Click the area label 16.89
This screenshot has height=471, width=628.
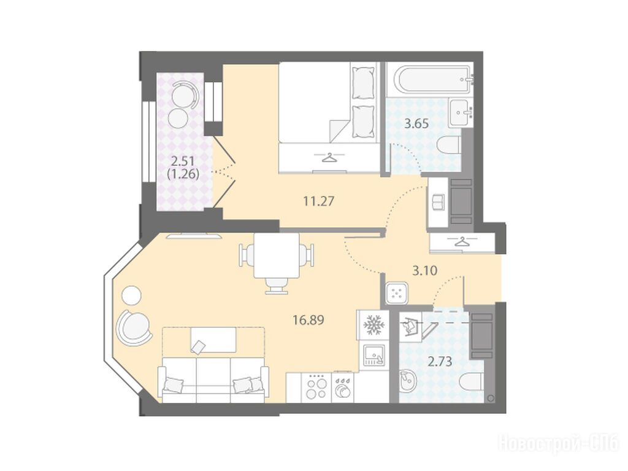[x=308, y=320]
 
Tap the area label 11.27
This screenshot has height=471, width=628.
[x=318, y=201]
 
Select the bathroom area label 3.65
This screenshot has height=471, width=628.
[x=416, y=123]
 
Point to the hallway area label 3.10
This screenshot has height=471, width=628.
[x=424, y=271]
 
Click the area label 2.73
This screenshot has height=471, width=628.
[x=440, y=362]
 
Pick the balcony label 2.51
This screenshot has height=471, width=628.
[x=183, y=162]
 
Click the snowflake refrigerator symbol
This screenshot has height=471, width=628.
[x=373, y=324]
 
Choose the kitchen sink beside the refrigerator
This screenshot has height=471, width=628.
[x=373, y=355]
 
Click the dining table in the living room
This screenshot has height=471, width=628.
[x=277, y=255]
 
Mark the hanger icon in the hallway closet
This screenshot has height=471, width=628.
[x=462, y=242]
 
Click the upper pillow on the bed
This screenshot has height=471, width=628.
[x=364, y=82]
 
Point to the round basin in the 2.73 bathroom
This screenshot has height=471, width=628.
[x=408, y=381]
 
